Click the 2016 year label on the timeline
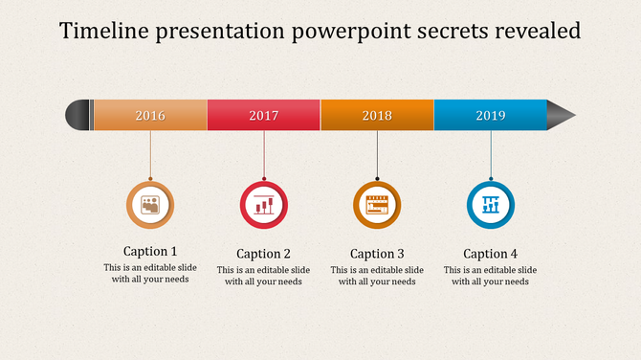click(150, 116)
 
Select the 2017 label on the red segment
click(264, 116)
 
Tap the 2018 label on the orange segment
click(377, 116)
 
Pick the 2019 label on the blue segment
click(491, 116)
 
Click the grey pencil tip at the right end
click(562, 115)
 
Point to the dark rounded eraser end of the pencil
click(77, 115)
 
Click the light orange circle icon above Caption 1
click(150, 204)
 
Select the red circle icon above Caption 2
click(264, 204)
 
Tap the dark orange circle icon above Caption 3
click(377, 204)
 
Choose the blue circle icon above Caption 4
click(491, 204)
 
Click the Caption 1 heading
click(150, 252)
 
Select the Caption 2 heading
click(264, 254)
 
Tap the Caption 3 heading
click(377, 254)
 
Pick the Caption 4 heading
click(491, 254)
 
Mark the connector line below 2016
click(150, 155)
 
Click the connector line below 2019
click(491, 155)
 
